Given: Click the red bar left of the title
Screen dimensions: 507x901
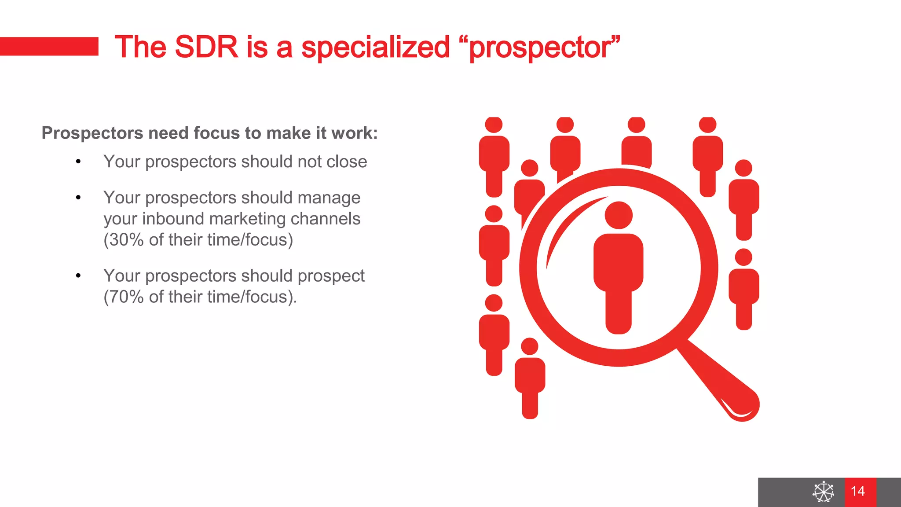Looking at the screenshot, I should coord(49,46).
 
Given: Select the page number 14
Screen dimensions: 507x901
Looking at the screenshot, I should coord(857,491).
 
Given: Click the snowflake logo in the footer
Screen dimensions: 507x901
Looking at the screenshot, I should coord(823,492).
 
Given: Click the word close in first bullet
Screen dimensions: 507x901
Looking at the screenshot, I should coord(347,162).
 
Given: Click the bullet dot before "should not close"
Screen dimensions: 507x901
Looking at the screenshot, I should coord(78,162).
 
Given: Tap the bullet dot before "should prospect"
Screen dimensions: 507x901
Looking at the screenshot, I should coord(78,276).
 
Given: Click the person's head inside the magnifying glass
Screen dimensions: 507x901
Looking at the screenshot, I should coord(619,215).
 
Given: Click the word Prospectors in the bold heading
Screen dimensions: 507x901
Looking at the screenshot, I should coord(92,133).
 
